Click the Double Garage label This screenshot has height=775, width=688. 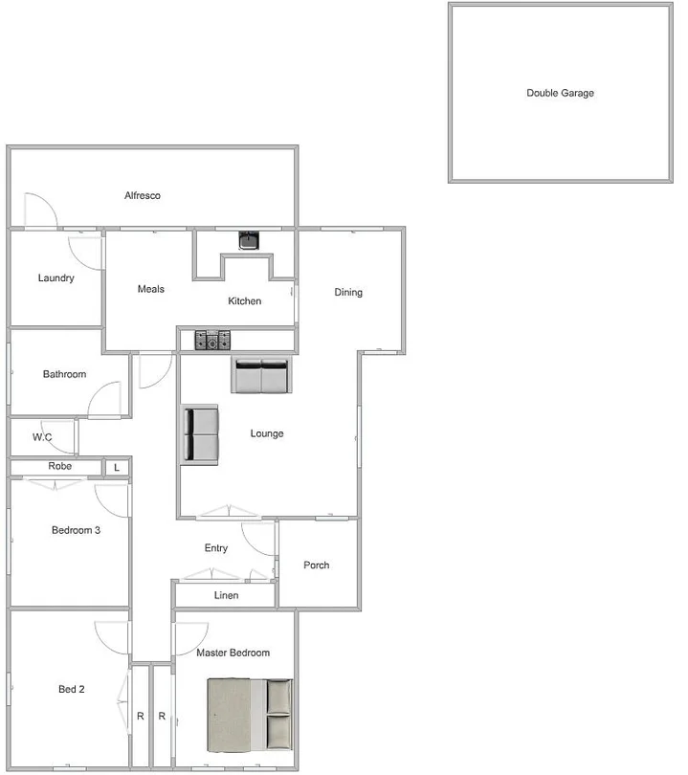click(560, 93)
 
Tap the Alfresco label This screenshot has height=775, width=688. click(143, 195)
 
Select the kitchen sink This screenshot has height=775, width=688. click(249, 240)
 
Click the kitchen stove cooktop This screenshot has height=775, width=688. click(213, 340)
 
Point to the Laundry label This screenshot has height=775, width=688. click(55, 278)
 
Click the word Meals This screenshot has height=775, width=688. click(150, 289)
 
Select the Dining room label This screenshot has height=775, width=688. click(348, 292)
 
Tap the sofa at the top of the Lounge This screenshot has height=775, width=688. click(260, 376)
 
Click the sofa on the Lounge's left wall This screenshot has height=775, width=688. click(201, 433)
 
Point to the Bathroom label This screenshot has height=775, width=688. click(64, 374)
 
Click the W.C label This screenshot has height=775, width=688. click(42, 437)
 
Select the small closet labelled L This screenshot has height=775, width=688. click(117, 468)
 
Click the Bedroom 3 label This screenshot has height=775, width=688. click(76, 530)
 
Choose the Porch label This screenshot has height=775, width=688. click(317, 565)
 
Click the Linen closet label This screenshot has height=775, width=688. click(227, 595)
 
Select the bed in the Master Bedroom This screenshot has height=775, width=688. click(250, 713)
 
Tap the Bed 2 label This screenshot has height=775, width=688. click(72, 688)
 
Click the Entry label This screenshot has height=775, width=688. click(216, 548)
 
